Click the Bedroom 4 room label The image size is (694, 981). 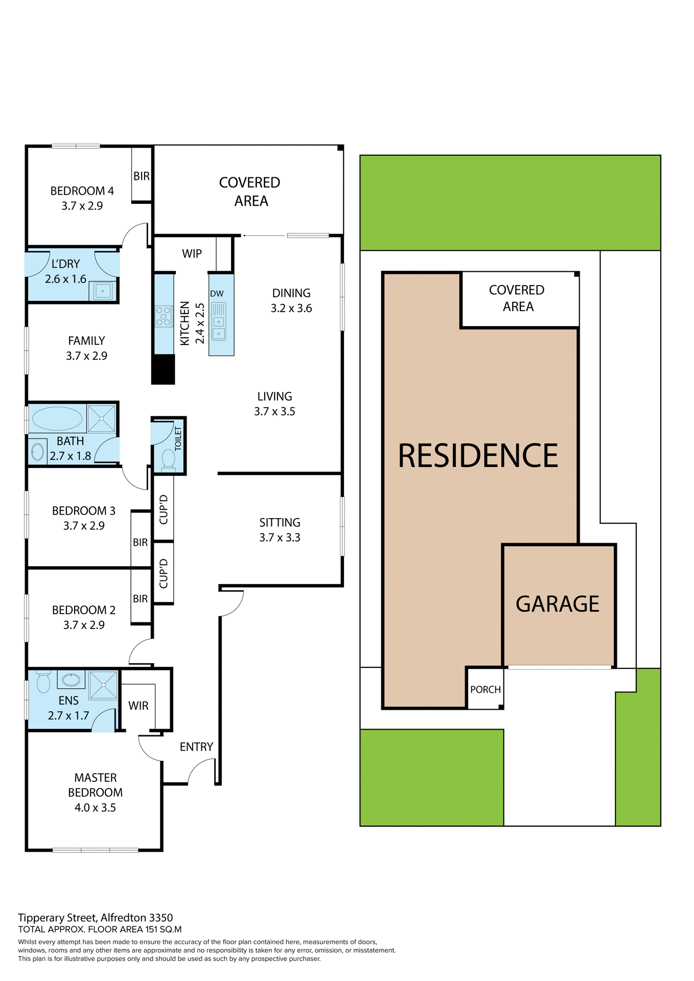pyautogui.click(x=82, y=191)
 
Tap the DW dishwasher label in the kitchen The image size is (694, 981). pyautogui.click(x=217, y=294)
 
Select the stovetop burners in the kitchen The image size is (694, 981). pyautogui.click(x=164, y=316)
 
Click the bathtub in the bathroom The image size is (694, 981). pyautogui.click(x=57, y=419)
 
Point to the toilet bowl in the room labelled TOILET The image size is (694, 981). pyautogui.click(x=168, y=458)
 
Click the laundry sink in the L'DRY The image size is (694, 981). pyautogui.click(x=103, y=291)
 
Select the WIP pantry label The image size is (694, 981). pyautogui.click(x=192, y=253)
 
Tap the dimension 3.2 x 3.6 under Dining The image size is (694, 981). pyautogui.click(x=291, y=308)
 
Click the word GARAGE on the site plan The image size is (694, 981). pyautogui.click(x=557, y=604)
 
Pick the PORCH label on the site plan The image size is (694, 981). pyautogui.click(x=485, y=689)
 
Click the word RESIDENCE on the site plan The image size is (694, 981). pyautogui.click(x=478, y=456)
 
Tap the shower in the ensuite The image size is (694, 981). pyautogui.click(x=103, y=685)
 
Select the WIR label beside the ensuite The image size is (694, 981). pyautogui.click(x=138, y=706)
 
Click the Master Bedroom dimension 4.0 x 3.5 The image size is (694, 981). pyautogui.click(x=95, y=807)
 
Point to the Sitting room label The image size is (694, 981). pyautogui.click(x=280, y=522)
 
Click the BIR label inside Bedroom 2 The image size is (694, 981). pyautogui.click(x=140, y=598)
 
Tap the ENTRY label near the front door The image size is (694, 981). pyautogui.click(x=196, y=747)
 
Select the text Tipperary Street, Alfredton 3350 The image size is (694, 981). pyautogui.click(x=96, y=918)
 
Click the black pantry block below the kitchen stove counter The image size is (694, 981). pyautogui.click(x=164, y=369)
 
